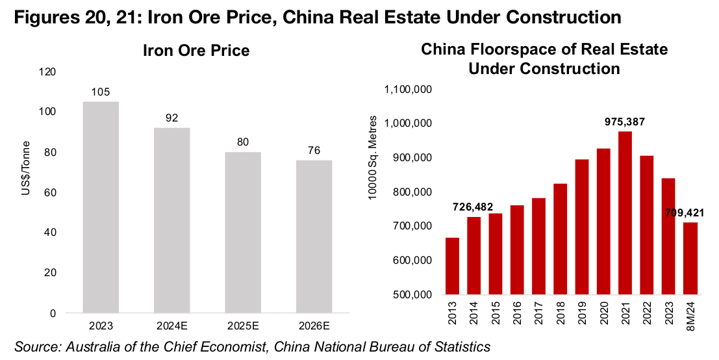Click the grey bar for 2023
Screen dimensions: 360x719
click(x=101, y=207)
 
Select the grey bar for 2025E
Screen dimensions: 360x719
click(x=243, y=233)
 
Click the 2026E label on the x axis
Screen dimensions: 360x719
click(x=314, y=324)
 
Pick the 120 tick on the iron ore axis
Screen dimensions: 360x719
click(x=65, y=71)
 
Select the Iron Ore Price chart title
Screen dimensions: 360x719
click(x=196, y=51)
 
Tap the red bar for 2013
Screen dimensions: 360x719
click(x=453, y=266)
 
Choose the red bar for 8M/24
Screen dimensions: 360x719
click(x=690, y=258)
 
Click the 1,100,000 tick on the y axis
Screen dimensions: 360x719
click(x=409, y=89)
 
